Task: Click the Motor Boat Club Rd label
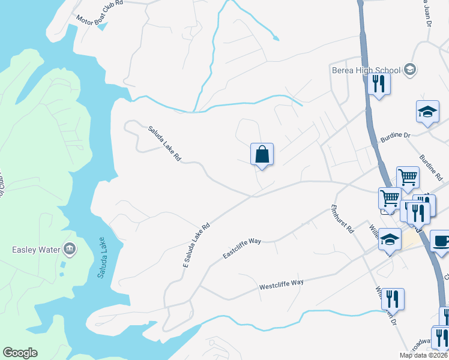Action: [x=100, y=11]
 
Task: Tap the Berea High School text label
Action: [x=366, y=70]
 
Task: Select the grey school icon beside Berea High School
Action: [x=410, y=70]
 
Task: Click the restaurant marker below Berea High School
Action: [x=379, y=83]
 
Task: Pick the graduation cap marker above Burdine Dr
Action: [x=427, y=112]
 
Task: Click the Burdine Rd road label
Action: [x=431, y=167]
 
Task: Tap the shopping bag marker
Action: [x=262, y=155]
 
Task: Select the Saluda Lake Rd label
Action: [x=164, y=143]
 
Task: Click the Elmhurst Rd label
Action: [x=343, y=219]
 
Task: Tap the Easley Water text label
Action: [x=37, y=250]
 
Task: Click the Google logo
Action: [x=20, y=353]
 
